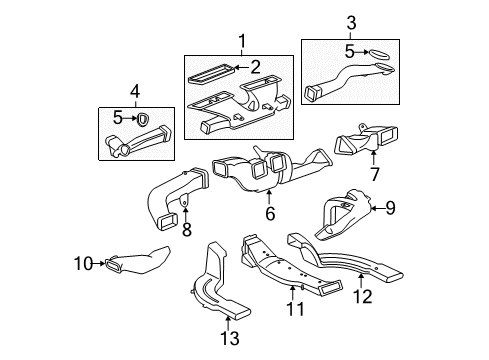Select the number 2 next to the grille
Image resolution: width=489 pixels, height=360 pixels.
click(x=255, y=67)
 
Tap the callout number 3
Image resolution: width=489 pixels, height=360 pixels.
click(x=350, y=22)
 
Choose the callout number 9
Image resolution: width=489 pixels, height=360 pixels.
click(x=391, y=207)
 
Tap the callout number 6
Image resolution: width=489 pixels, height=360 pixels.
click(x=268, y=211)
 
